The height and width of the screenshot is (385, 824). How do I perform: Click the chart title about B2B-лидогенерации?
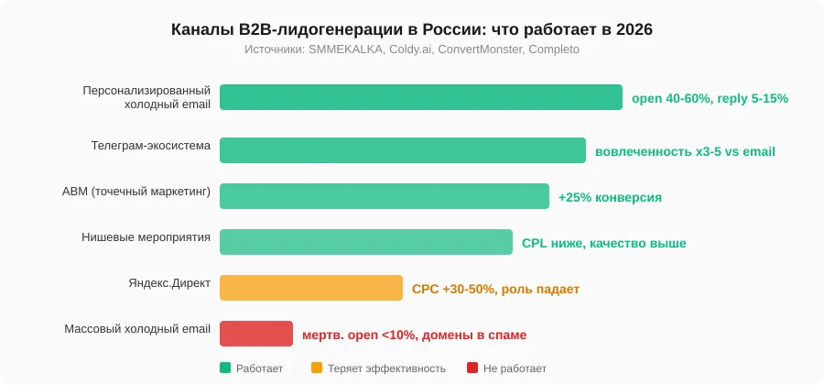pyautogui.click(x=412, y=29)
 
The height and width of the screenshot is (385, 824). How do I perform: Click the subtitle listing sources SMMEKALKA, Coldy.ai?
pyautogui.click(x=412, y=49)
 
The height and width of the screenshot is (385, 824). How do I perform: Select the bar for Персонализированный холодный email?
pyautogui.click(x=420, y=97)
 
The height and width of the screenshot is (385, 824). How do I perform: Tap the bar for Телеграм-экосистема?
pyautogui.click(x=402, y=150)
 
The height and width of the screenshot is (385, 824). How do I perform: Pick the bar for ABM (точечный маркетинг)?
pyautogui.click(x=384, y=196)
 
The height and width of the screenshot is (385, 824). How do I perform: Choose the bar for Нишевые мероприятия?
pyautogui.click(x=365, y=242)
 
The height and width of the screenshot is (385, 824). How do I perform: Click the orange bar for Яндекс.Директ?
pyautogui.click(x=310, y=288)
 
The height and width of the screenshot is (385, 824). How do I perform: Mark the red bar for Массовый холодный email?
pyautogui.click(x=255, y=334)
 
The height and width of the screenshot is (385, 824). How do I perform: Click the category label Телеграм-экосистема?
pyautogui.click(x=150, y=146)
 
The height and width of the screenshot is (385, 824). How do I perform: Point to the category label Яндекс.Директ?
pyautogui.click(x=169, y=283)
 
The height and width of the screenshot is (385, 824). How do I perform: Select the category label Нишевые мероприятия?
pyautogui.click(x=146, y=237)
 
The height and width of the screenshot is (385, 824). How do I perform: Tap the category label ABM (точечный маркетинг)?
pyautogui.click(x=136, y=192)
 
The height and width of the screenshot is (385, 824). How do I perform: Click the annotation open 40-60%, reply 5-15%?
pyautogui.click(x=710, y=98)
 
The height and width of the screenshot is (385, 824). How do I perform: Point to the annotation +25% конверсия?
pyautogui.click(x=610, y=197)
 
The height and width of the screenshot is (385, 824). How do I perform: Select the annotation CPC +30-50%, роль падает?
pyautogui.click(x=495, y=289)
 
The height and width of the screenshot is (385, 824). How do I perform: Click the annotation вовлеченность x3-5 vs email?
pyautogui.click(x=685, y=151)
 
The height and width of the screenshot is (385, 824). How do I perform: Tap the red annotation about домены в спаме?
pyautogui.click(x=414, y=335)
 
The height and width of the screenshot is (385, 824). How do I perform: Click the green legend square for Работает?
pyautogui.click(x=225, y=368)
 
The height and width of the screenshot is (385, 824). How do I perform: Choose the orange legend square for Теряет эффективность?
pyautogui.click(x=317, y=368)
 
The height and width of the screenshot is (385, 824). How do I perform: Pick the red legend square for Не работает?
pyautogui.click(x=472, y=368)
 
